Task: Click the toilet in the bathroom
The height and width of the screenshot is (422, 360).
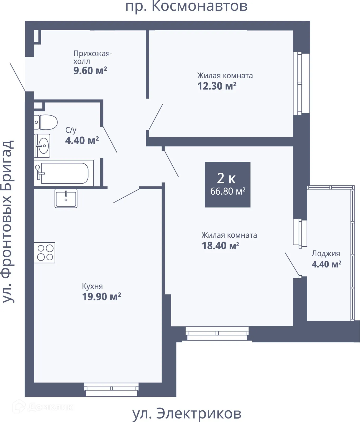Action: pyautogui.click(x=46, y=122)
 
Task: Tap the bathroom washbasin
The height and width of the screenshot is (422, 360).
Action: pyautogui.click(x=42, y=146)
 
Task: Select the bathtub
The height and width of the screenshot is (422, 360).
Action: pyautogui.click(x=64, y=173)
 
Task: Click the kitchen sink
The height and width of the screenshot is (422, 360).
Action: pyautogui.click(x=66, y=198)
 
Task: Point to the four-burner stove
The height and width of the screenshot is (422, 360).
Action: pyautogui.click(x=45, y=253)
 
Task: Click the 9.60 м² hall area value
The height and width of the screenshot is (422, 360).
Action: pyautogui.click(x=90, y=71)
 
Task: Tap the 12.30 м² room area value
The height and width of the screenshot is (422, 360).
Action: pyautogui.click(x=217, y=86)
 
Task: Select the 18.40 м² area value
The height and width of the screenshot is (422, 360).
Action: pyautogui.click(x=220, y=246)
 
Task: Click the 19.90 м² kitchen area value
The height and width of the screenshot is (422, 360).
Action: pyautogui.click(x=101, y=297)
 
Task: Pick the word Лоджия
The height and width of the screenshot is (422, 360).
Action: pyautogui.click(x=326, y=254)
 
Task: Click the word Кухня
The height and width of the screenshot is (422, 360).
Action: pyautogui.click(x=92, y=286)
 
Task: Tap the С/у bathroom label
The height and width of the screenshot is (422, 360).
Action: pyautogui.click(x=71, y=130)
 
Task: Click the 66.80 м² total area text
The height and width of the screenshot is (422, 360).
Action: pyautogui.click(x=228, y=191)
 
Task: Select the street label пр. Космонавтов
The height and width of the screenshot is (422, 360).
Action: pyautogui.click(x=186, y=7)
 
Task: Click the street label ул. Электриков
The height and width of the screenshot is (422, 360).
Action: pyautogui.click(x=187, y=414)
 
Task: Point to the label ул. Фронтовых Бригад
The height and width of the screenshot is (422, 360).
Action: pyautogui.click(x=8, y=221)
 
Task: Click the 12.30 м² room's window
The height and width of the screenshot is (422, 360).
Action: pyautogui.click(x=301, y=83)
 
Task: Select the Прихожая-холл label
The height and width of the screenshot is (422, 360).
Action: pyautogui.click(x=93, y=57)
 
